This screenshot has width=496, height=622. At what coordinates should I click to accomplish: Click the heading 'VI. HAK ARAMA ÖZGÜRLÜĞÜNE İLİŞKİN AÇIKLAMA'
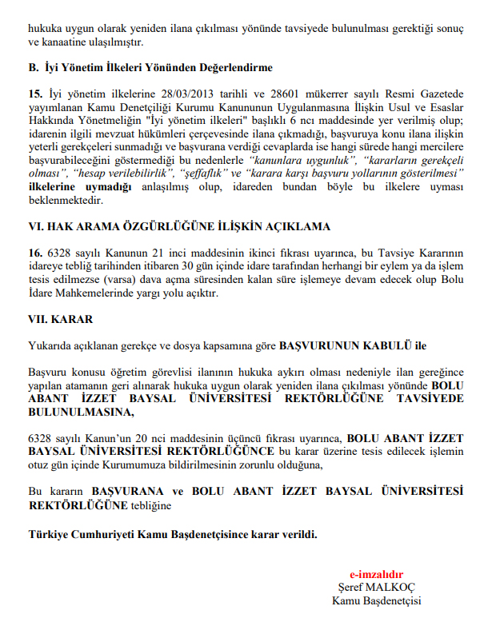(179, 226)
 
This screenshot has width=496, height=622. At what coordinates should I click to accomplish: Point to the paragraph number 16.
(34, 253)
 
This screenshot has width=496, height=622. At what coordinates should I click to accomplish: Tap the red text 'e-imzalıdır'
(376, 574)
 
